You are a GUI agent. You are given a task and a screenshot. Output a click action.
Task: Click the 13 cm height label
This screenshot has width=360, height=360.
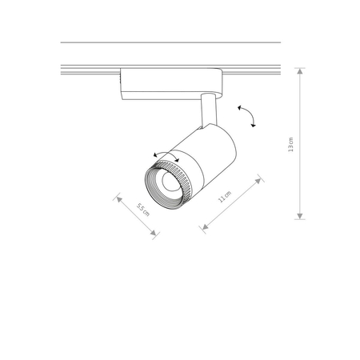coord(292,145)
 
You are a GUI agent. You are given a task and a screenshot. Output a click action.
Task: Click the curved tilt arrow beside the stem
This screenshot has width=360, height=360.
coord(248,115)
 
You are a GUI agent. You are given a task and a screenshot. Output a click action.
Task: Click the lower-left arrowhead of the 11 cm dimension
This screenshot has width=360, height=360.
coord(204,229)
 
